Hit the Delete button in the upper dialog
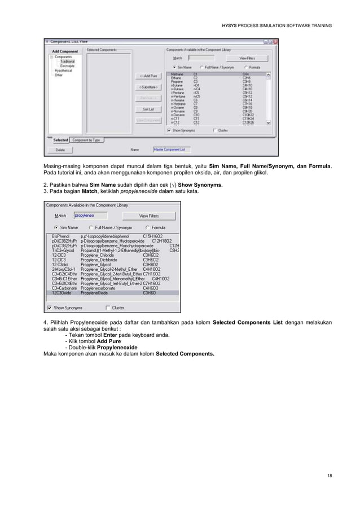click(x=60, y=150)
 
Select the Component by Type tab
click(x=86, y=140)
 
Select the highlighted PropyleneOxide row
click(x=113, y=293)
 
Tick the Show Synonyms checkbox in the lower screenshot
click(x=50, y=308)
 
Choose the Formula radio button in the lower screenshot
click(x=147, y=227)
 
